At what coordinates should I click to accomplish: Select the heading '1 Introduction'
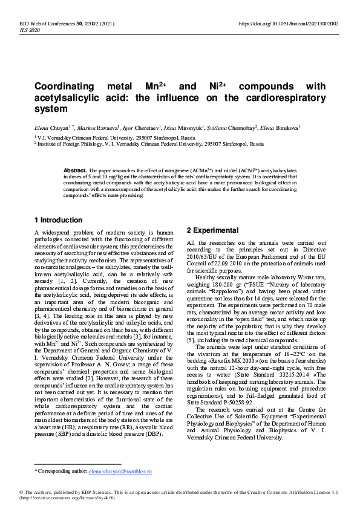(x=58, y=220)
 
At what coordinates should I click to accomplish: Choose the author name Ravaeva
(x=112, y=128)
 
